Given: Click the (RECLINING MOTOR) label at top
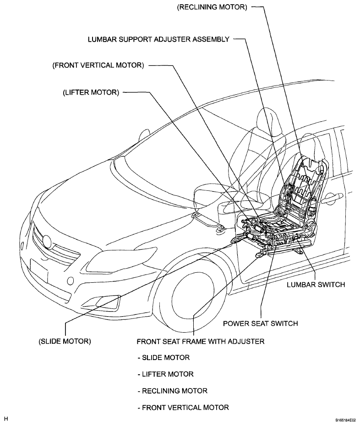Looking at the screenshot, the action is click(x=212, y=7).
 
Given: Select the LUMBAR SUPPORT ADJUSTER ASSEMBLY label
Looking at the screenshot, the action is click(x=158, y=39).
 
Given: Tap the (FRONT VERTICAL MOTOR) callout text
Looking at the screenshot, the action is click(x=98, y=65).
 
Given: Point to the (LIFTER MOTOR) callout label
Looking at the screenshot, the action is click(x=91, y=92).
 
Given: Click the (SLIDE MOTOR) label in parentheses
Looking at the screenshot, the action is click(x=65, y=341).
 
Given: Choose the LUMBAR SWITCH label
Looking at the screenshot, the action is click(x=316, y=285).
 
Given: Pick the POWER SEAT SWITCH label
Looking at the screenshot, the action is click(x=261, y=324).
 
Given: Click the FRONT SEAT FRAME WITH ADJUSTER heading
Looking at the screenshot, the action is click(x=201, y=341).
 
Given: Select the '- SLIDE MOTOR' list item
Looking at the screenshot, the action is click(x=164, y=357).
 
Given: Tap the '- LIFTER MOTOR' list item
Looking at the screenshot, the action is click(x=165, y=374).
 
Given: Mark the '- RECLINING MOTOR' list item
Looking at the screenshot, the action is click(x=172, y=391).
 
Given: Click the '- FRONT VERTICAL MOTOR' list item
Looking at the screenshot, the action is click(x=183, y=408).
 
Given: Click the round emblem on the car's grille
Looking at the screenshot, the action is click(x=47, y=242).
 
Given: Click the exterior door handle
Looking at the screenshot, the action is click(x=332, y=198).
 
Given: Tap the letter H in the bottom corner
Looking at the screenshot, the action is click(x=5, y=419).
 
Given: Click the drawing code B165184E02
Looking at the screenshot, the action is click(x=345, y=420).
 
